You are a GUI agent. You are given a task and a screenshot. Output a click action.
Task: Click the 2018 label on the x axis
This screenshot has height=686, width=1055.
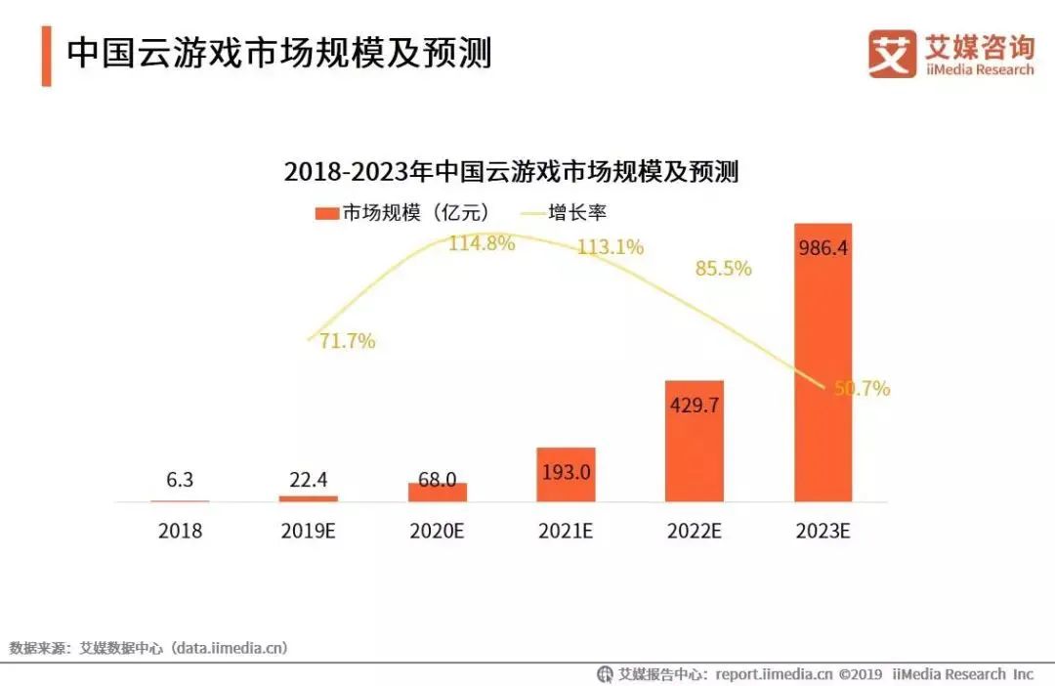[x=180, y=532]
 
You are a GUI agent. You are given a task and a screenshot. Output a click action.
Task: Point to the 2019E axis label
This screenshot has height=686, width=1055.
[x=308, y=532]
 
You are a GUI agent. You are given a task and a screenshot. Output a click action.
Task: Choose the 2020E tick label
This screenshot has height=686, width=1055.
[x=437, y=532]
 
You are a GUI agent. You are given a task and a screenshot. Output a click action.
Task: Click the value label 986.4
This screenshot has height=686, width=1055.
[x=822, y=248]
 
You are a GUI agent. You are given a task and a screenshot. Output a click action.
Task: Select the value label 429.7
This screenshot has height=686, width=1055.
[x=694, y=405]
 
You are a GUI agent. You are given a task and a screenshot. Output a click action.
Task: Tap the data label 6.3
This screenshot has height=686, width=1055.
[x=180, y=480]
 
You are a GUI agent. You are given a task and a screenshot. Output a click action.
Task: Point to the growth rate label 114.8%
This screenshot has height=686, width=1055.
[x=481, y=244]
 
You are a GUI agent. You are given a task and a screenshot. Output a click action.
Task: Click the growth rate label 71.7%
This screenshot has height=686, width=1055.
[x=347, y=342]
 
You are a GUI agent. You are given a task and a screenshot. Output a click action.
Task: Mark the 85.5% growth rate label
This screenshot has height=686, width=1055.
[x=723, y=268]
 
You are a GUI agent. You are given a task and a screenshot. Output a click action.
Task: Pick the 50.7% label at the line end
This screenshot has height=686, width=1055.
[x=862, y=389]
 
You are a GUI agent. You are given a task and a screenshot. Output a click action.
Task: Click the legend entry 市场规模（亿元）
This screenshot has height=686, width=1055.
[x=401, y=212]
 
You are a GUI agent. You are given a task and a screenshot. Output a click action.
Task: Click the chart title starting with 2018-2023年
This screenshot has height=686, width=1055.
[x=511, y=172]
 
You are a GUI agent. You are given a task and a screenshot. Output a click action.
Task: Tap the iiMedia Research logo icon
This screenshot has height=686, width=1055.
[x=891, y=53]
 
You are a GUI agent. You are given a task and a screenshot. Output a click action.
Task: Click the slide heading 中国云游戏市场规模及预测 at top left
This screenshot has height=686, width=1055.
[x=278, y=54]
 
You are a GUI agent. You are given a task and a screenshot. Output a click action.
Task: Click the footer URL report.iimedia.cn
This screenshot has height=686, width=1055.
[x=774, y=674]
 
